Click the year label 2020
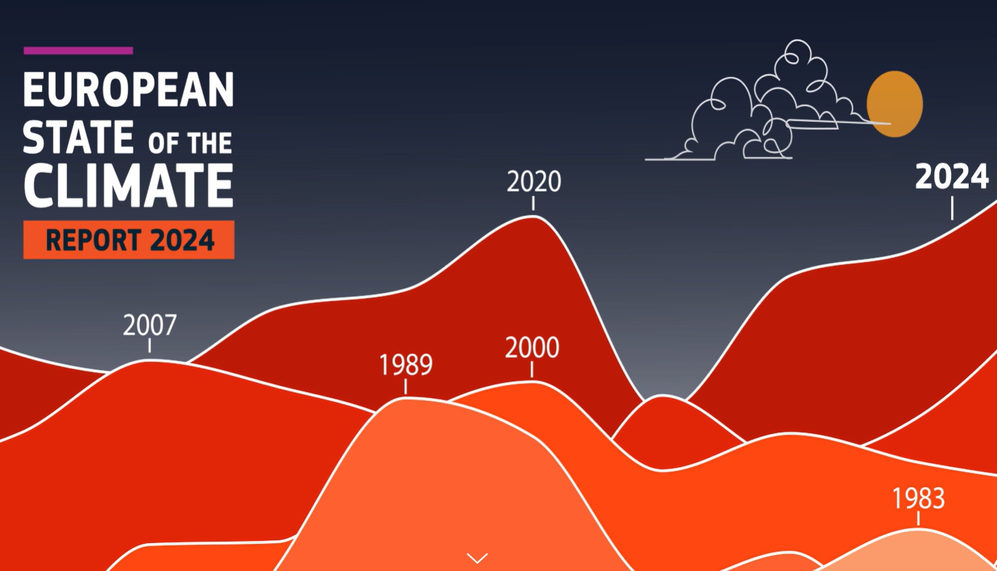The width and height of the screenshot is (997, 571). tap(534, 181)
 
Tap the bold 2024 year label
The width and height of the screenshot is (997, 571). tap(952, 177)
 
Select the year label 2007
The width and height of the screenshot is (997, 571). tap(150, 325)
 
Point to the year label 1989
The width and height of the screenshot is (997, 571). tap(406, 365)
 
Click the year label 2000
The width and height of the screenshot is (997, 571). tap(532, 348)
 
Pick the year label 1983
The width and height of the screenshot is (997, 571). tap(919, 498)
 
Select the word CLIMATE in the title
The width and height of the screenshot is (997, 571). tap(128, 185)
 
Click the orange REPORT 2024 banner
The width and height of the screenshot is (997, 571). tap(129, 240)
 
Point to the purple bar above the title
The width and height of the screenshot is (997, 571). tap(78, 50)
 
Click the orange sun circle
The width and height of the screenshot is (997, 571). tap(894, 104)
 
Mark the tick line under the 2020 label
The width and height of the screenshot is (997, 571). tap(534, 203)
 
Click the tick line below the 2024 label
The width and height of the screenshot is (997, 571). tap(952, 208)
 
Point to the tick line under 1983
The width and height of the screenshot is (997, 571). tap(918, 518)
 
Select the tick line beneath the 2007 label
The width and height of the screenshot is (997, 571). tap(150, 345)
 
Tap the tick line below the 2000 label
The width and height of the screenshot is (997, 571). tap(532, 369)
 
